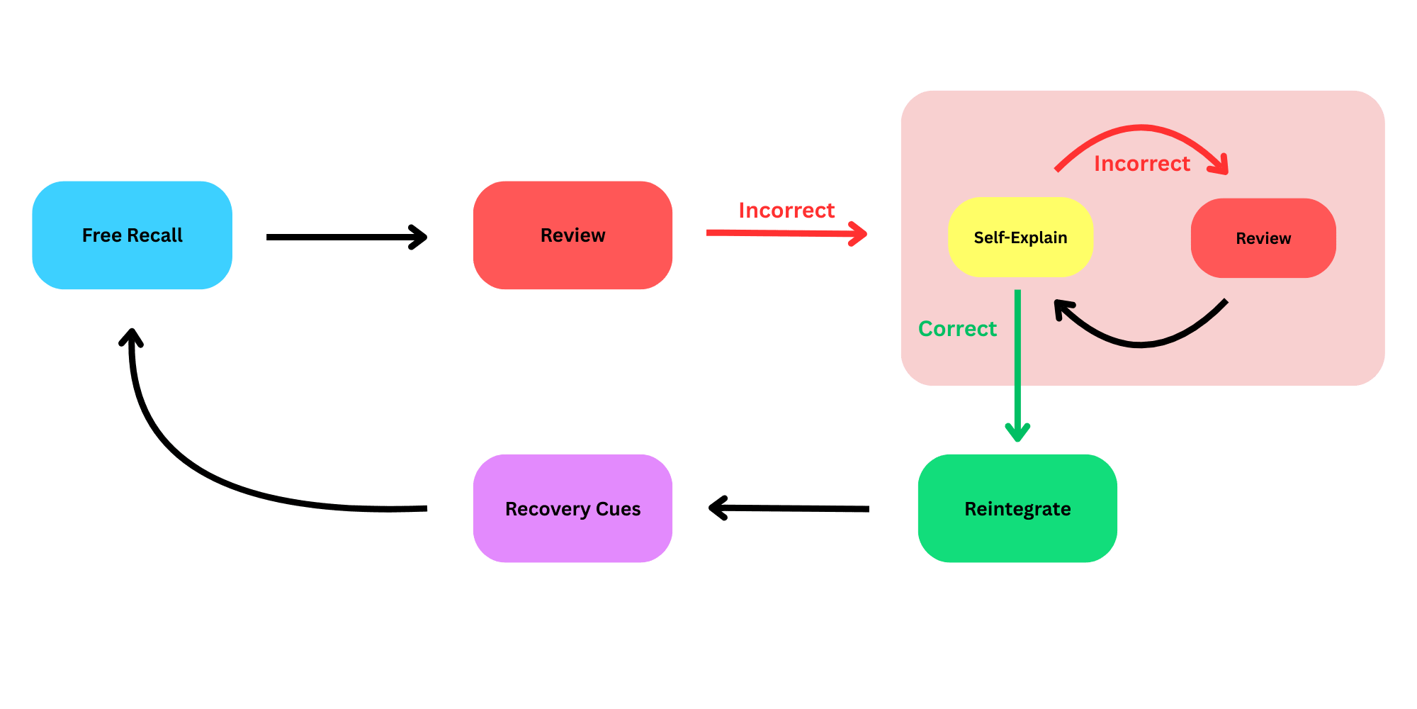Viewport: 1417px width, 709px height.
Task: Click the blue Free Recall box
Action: pyautogui.click(x=132, y=235)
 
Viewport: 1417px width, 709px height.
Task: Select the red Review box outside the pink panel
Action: pyautogui.click(x=572, y=235)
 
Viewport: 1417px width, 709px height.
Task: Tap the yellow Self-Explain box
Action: pyautogui.click(x=1020, y=238)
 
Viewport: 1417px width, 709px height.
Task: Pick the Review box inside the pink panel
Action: pyautogui.click(x=1263, y=238)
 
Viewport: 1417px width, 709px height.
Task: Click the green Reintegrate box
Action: pyautogui.click(x=1017, y=508)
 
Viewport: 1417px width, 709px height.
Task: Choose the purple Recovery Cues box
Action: pyautogui.click(x=572, y=508)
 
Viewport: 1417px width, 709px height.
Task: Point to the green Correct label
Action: pyautogui.click(x=957, y=329)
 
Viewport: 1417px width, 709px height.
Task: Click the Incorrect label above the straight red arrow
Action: pyautogui.click(x=786, y=211)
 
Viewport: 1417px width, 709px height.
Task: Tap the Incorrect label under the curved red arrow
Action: pyautogui.click(x=1142, y=164)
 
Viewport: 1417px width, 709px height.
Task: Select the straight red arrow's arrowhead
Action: pyautogui.click(x=859, y=233)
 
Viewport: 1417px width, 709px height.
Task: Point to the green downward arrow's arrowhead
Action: pyautogui.click(x=1017, y=432)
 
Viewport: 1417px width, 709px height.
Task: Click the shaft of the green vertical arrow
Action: pyautogui.click(x=1017, y=354)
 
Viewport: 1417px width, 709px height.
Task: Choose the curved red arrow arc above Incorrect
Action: pyautogui.click(x=1141, y=128)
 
